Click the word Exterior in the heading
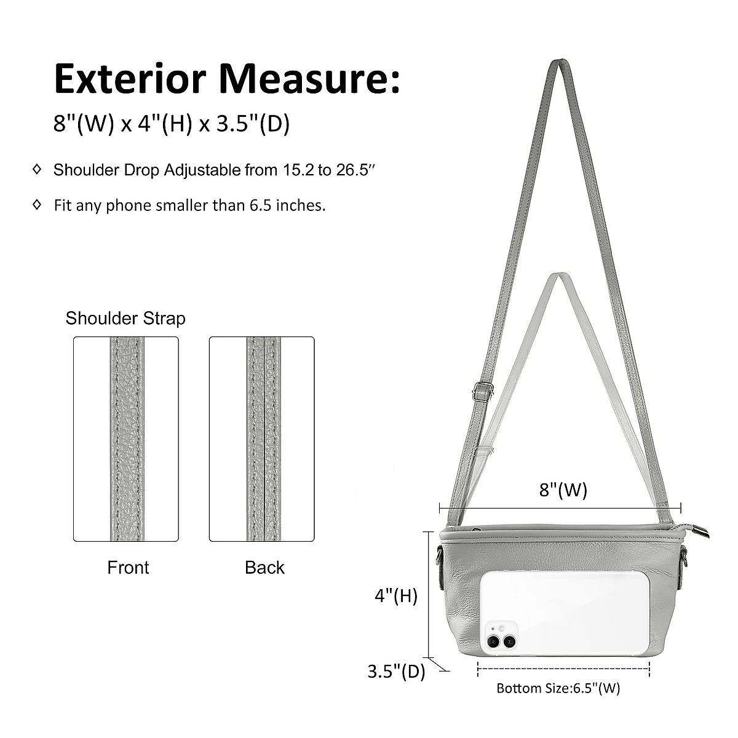tap(130, 79)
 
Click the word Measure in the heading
tap(304, 79)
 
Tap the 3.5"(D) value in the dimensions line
tap(253, 124)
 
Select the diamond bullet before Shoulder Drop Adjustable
tap(37, 169)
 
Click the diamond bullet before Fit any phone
tap(37, 205)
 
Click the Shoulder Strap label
tap(125, 318)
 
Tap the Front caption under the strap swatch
tap(128, 568)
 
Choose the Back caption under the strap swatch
tap(264, 568)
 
